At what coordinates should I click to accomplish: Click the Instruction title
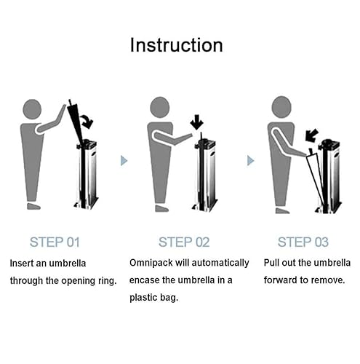(x=177, y=45)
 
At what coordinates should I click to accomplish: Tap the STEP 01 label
(x=55, y=242)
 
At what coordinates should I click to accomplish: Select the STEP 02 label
(x=184, y=242)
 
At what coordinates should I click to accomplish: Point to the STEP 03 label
(x=303, y=242)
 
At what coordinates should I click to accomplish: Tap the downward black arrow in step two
(x=196, y=122)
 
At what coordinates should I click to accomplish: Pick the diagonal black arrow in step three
(x=311, y=135)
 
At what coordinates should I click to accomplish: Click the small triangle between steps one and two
(x=124, y=161)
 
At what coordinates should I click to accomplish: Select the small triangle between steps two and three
(x=250, y=161)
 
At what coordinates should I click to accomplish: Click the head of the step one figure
(x=32, y=109)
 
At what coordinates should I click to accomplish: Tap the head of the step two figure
(x=159, y=108)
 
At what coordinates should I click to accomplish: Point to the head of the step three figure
(x=281, y=107)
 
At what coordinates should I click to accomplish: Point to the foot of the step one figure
(x=33, y=206)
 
